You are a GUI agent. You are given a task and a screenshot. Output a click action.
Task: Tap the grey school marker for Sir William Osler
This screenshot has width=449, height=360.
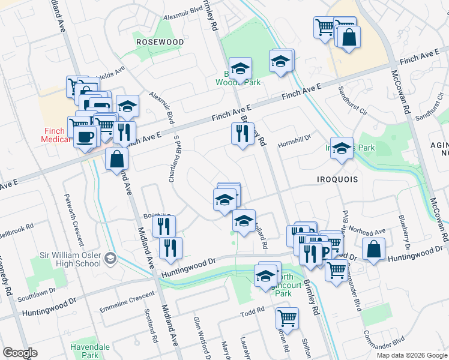110,259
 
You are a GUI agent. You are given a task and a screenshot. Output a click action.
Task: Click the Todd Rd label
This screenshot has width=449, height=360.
252,311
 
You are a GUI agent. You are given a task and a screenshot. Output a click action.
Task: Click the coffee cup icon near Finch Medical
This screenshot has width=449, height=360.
85,136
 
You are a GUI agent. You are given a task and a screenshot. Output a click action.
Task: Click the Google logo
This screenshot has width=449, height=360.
20,353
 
